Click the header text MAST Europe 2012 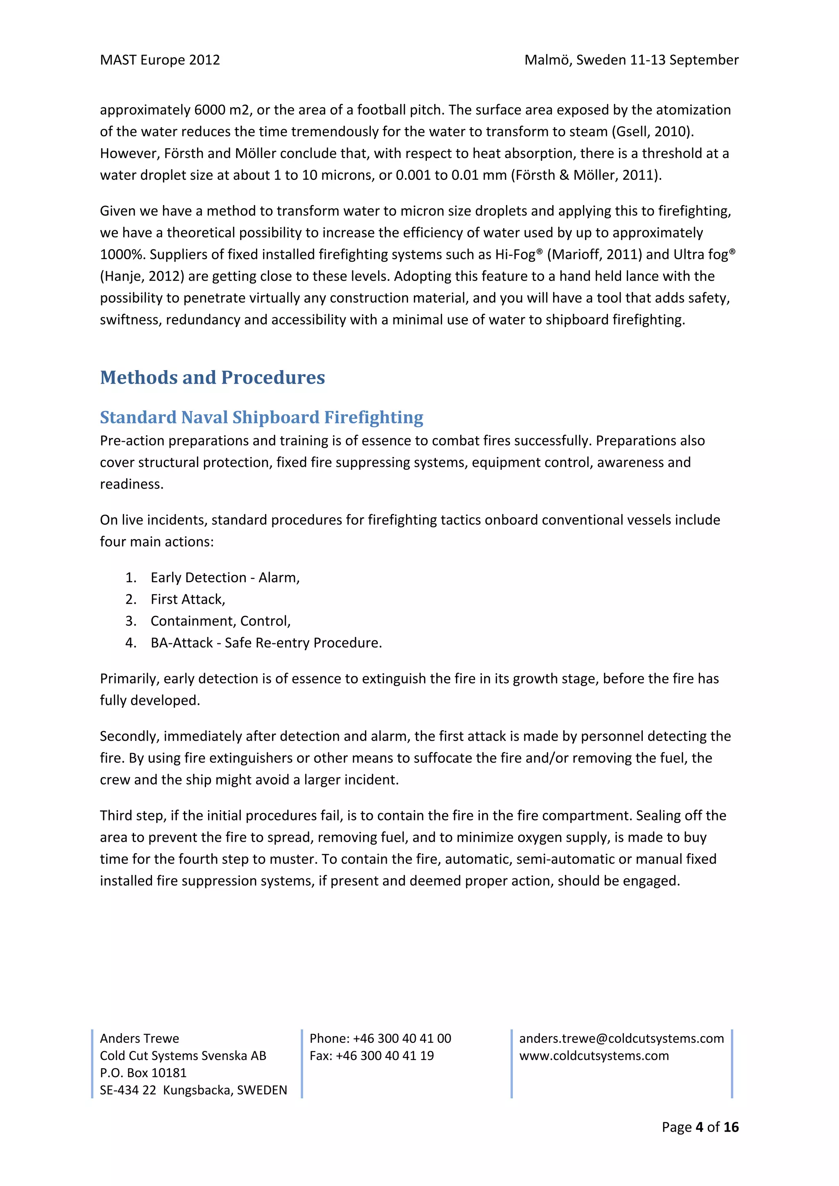(x=160, y=60)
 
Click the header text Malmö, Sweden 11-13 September (x=631, y=60)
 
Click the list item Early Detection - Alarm (x=225, y=578)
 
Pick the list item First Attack (x=188, y=599)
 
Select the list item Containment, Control (x=220, y=621)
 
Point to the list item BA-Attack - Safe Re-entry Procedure (x=266, y=643)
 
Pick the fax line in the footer (x=371, y=1056)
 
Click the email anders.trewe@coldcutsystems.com (x=621, y=1038)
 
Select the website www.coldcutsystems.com (x=594, y=1056)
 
